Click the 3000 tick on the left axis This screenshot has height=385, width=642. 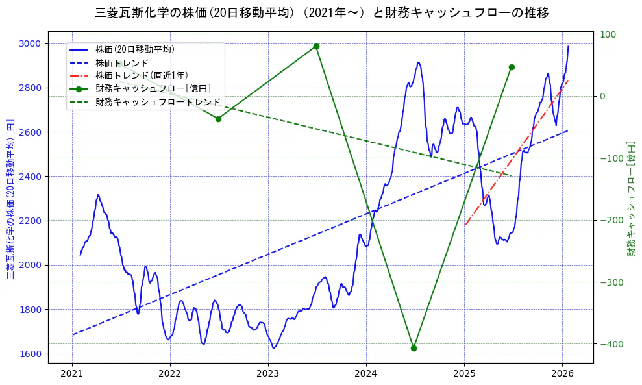click(30, 43)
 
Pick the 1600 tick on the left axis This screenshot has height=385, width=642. click(30, 354)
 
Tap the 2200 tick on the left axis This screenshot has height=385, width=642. click(30, 221)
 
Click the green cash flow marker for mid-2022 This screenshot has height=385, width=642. click(218, 119)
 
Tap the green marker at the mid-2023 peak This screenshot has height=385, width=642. click(316, 46)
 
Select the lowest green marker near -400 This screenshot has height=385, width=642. click(414, 348)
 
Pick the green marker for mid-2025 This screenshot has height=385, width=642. click(512, 67)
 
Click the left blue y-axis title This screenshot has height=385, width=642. click(10, 199)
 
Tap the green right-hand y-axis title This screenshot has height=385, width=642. click(630, 199)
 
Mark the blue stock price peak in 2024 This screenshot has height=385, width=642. click(419, 62)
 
